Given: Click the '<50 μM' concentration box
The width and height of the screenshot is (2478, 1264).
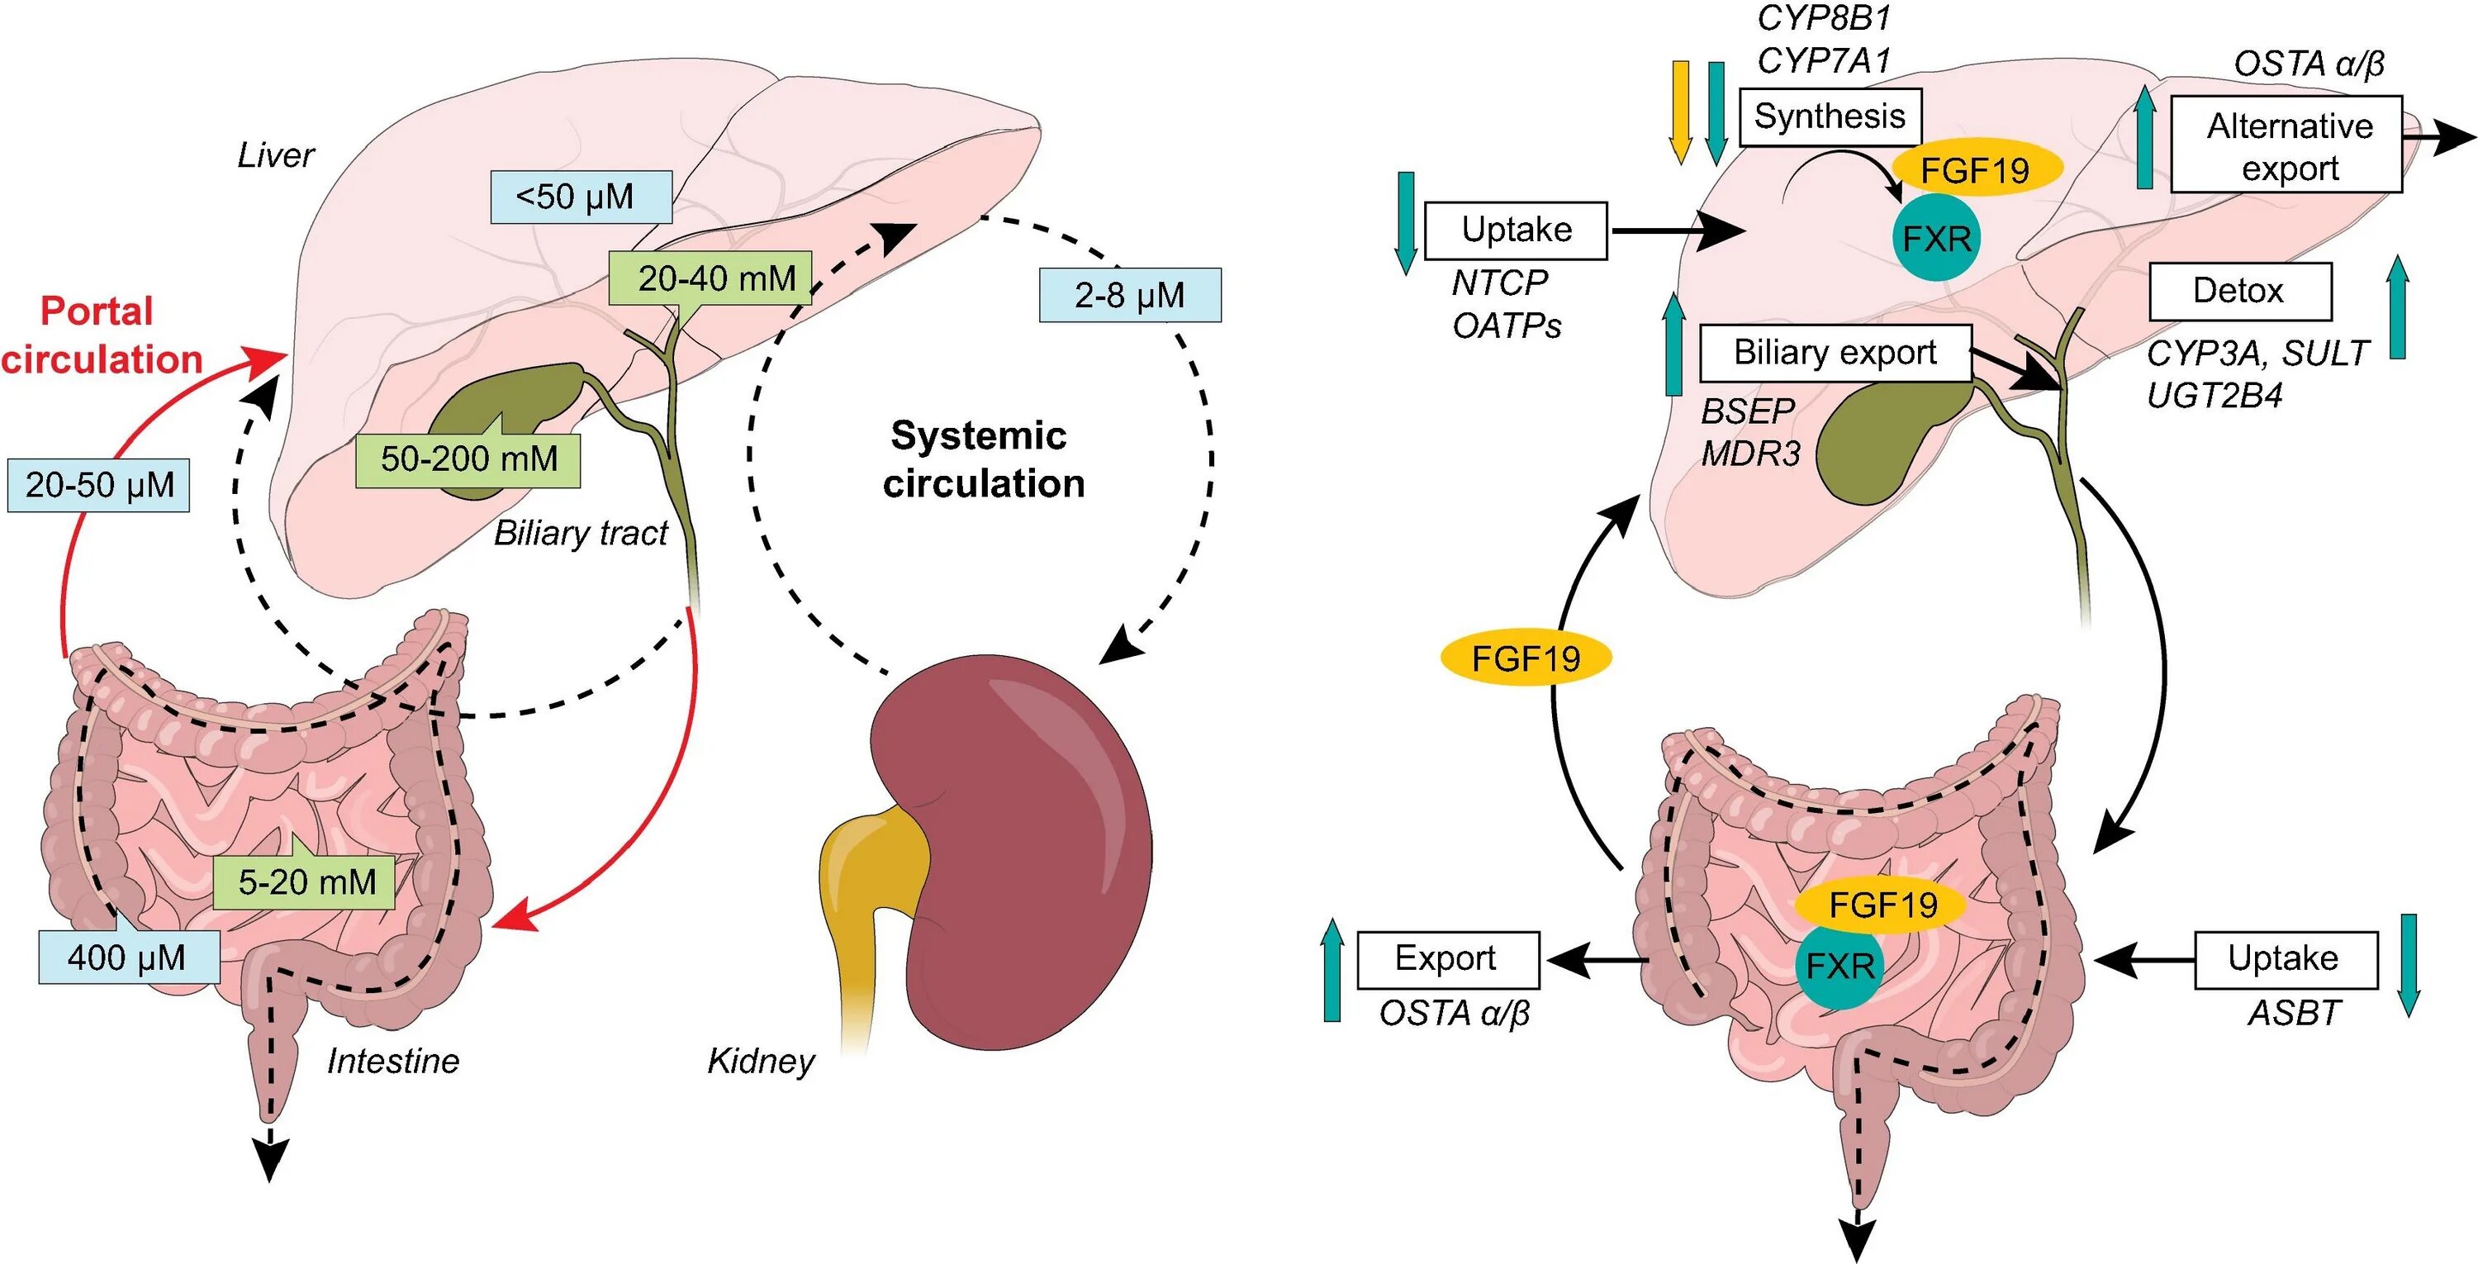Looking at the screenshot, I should (580, 197).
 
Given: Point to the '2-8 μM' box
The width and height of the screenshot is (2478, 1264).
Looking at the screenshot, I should (1129, 294).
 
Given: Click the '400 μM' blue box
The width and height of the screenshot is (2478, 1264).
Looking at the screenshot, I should (129, 958).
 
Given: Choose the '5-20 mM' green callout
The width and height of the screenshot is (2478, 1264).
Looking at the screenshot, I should (305, 881).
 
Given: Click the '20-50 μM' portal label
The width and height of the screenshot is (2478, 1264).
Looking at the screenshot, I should (99, 485).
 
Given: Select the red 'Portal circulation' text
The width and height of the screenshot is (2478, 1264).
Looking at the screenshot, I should (100, 335).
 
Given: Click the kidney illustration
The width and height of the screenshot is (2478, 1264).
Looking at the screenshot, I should (1019, 847).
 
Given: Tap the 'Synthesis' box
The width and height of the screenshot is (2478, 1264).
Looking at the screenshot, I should (1830, 117).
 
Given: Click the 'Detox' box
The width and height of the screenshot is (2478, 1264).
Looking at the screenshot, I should (2239, 292).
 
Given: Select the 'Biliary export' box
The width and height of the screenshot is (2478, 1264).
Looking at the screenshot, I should (1835, 353).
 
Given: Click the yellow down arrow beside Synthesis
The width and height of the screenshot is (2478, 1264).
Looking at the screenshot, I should (1681, 112).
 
